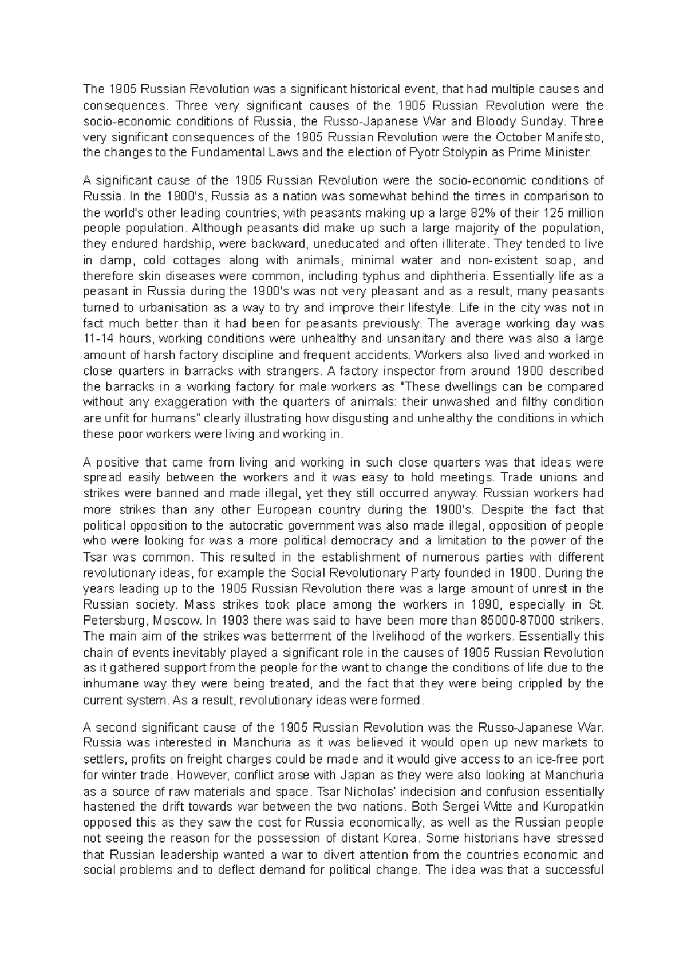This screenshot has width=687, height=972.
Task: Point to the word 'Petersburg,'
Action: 110,621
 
